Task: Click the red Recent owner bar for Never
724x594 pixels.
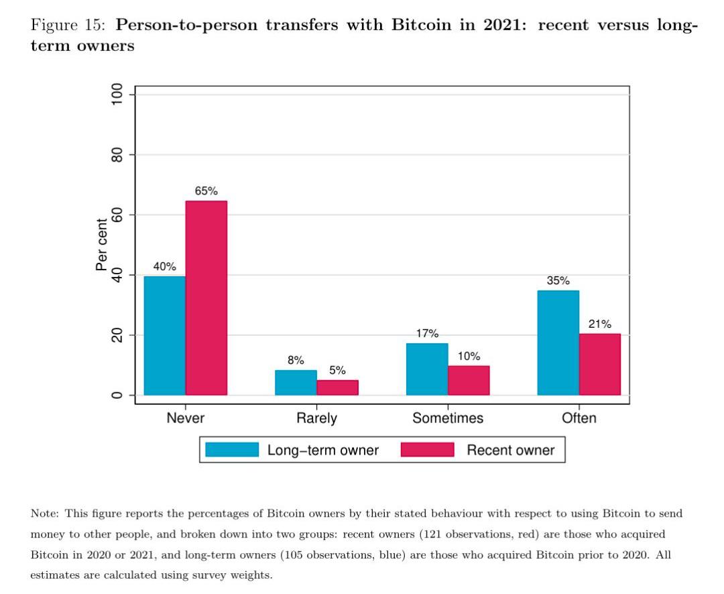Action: pos(206,298)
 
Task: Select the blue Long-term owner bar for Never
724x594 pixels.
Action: pos(165,335)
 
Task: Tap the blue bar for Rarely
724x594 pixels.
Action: pos(296,382)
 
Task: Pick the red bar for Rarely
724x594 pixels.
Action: pos(337,387)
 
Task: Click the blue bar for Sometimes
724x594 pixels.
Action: pos(427,369)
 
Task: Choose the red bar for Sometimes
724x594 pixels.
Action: pos(469,380)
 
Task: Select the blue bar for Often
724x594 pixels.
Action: pos(558,343)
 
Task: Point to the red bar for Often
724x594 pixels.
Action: pos(599,364)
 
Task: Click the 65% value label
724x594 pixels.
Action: pos(206,191)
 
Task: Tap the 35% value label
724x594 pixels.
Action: pos(558,281)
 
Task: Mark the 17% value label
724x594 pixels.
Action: pos(427,333)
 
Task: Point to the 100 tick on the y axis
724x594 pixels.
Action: pos(118,95)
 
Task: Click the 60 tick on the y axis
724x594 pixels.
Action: pos(118,215)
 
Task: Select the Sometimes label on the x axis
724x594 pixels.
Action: pos(448,418)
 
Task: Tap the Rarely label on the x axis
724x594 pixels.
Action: pos(316,418)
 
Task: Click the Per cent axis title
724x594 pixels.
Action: pos(101,245)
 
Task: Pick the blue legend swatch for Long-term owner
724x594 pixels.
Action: pos(232,449)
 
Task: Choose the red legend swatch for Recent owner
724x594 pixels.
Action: pos(427,449)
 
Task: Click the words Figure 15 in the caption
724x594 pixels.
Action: pos(67,26)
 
